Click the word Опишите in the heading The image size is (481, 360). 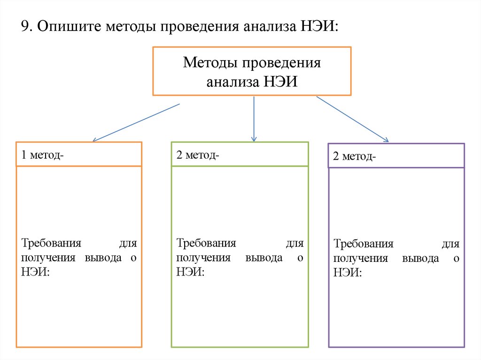70,26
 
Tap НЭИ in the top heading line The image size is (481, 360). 317,26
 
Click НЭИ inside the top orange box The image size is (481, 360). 281,82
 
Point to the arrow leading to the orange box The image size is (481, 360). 136,123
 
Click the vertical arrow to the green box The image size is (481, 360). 254,119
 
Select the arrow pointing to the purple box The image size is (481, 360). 352,119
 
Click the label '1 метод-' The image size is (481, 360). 42,155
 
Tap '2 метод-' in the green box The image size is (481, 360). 198,155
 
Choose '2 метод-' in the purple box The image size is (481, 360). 354,156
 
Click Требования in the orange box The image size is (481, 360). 51,243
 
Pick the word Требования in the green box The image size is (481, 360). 206,243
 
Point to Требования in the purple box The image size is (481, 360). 364,244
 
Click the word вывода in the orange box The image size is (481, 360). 103,258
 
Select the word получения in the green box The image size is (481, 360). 203,258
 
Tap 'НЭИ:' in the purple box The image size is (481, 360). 348,273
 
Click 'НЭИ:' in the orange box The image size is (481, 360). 35,272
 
